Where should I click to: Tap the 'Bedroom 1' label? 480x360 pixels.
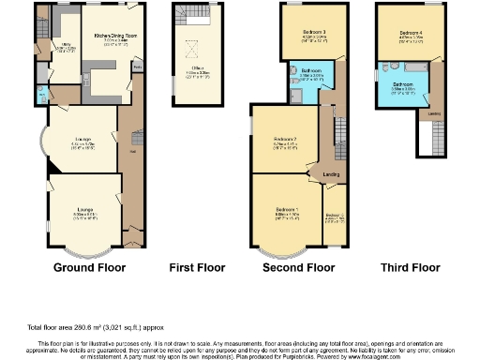pyautogui.click(x=287, y=208)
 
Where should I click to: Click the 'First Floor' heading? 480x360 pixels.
pyautogui.click(x=194, y=267)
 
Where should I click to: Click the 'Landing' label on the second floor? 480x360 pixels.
pyautogui.click(x=330, y=174)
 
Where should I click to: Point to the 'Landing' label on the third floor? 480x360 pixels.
pyautogui.click(x=434, y=114)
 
